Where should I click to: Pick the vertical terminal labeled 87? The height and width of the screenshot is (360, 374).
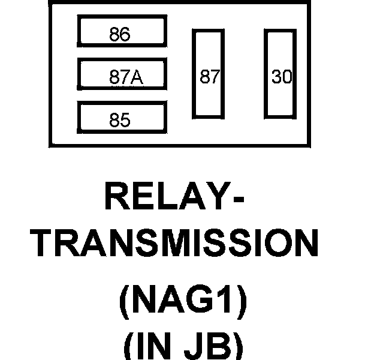click(x=207, y=73)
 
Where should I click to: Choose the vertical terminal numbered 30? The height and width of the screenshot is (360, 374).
click(x=281, y=73)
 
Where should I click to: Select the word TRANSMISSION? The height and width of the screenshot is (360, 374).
click(x=174, y=245)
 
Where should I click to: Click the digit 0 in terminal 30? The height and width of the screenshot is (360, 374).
click(x=286, y=77)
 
